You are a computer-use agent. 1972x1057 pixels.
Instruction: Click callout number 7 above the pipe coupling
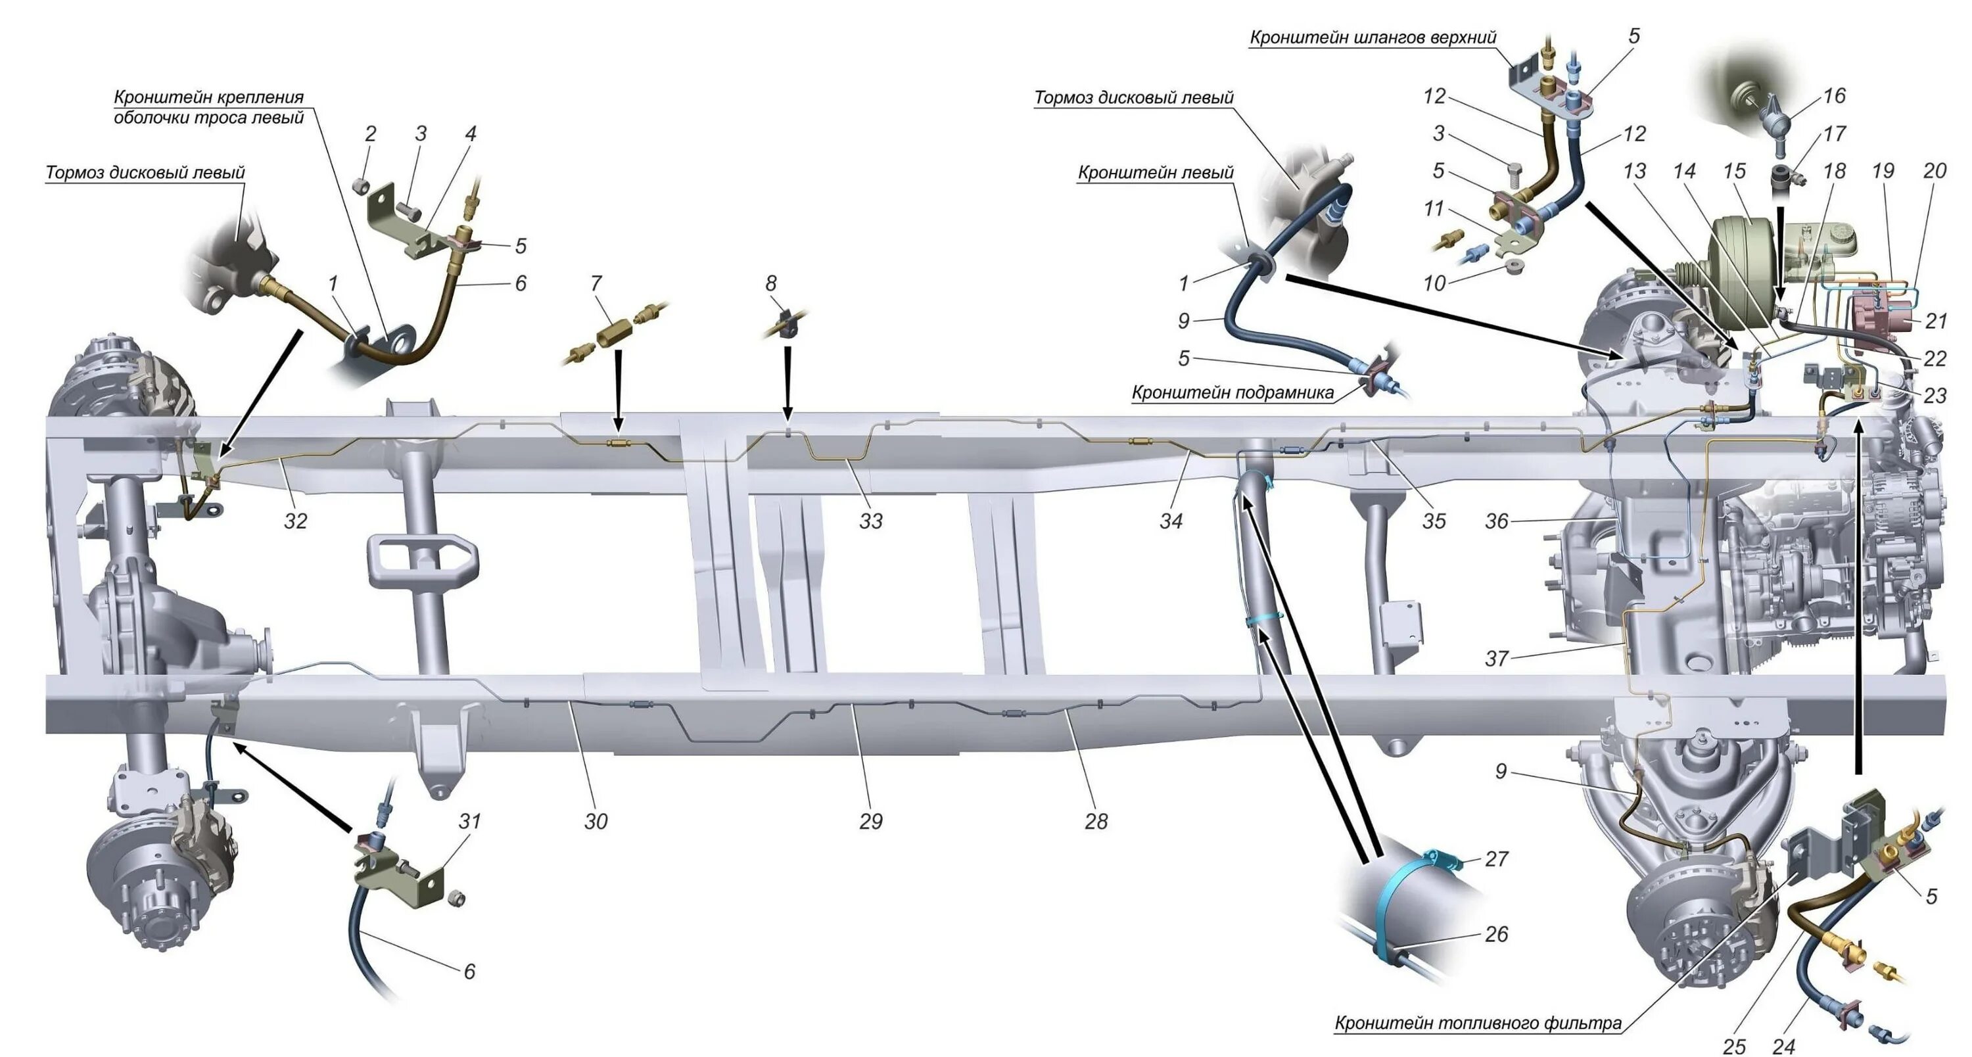tap(596, 284)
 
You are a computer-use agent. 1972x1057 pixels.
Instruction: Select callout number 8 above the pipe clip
tap(771, 284)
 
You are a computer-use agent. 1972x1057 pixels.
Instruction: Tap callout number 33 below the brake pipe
tap(870, 521)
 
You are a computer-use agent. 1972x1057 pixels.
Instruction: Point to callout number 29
tap(870, 821)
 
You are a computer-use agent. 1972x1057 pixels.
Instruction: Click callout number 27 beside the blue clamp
tap(1496, 858)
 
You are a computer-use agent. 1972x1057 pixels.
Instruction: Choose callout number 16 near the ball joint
tap(1833, 97)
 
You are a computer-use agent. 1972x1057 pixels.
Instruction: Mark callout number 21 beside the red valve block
tap(1935, 321)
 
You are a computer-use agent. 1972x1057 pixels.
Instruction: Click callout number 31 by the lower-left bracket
tap(469, 821)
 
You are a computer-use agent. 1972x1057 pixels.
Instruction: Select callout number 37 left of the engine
tap(1496, 658)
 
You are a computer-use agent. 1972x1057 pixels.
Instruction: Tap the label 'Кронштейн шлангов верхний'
tap(1373, 37)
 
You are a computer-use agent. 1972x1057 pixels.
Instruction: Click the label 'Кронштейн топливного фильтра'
tap(1478, 1023)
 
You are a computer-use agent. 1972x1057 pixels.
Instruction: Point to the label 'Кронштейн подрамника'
tap(1232, 393)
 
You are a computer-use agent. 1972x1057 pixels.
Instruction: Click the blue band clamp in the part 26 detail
tap(1390, 911)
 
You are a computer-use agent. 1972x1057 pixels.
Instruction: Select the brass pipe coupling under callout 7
tap(613, 334)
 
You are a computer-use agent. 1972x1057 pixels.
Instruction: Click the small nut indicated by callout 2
tap(362, 185)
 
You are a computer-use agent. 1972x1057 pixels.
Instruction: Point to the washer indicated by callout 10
tap(1512, 266)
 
